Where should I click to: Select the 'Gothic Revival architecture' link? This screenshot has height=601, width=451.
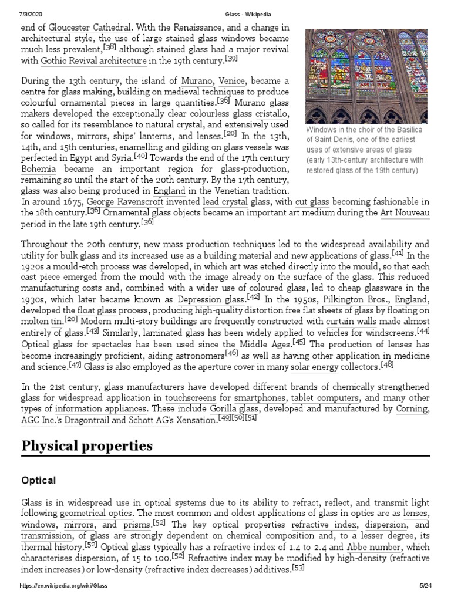(94, 60)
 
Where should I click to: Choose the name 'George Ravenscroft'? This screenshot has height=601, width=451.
(123, 201)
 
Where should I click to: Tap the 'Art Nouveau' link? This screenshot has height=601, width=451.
(405, 212)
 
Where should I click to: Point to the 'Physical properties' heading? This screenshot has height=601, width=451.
(87, 446)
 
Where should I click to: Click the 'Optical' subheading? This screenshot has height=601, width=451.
(39, 480)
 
